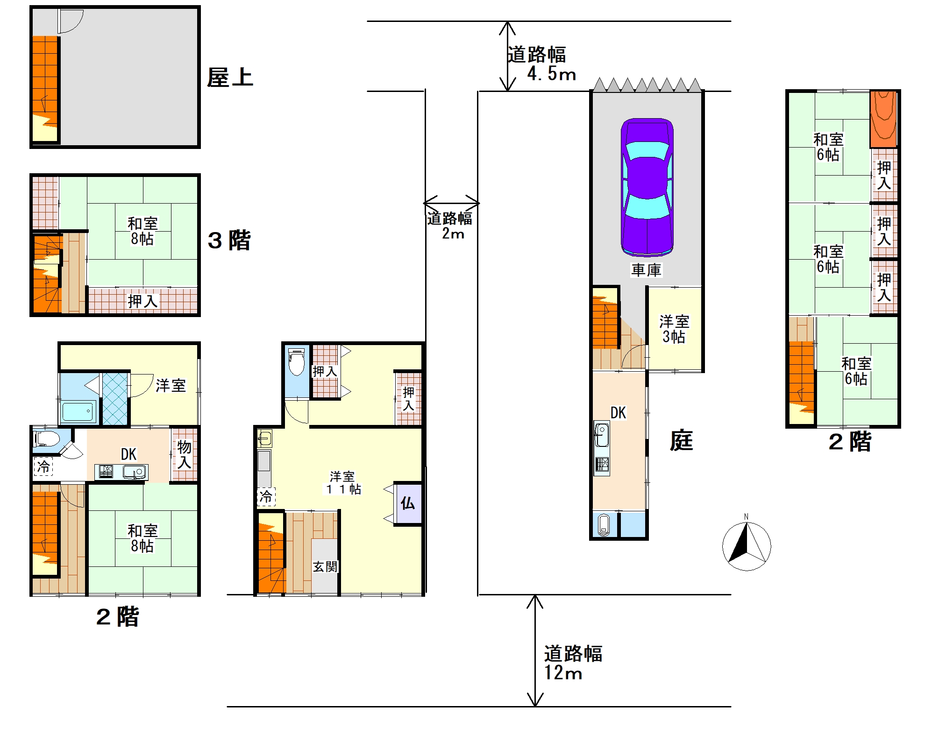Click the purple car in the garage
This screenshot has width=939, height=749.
click(x=647, y=187)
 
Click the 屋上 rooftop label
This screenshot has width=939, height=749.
click(x=230, y=78)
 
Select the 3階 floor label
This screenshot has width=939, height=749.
click(x=229, y=240)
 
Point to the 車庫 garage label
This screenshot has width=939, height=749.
click(x=647, y=269)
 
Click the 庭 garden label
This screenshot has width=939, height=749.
click(x=681, y=440)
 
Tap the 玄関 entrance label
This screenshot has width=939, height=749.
click(x=325, y=566)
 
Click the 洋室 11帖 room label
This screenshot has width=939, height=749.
click(x=343, y=483)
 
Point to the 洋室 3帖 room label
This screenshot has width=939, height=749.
click(x=674, y=329)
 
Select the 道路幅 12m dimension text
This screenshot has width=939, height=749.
click(x=573, y=663)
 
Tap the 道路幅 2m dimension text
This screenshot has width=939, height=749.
click(x=450, y=225)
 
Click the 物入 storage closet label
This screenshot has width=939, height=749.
click(x=184, y=454)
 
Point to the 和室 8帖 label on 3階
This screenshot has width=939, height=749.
click(x=142, y=231)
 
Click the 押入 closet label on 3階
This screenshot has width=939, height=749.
click(x=142, y=301)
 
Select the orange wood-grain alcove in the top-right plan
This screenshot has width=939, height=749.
click(x=883, y=119)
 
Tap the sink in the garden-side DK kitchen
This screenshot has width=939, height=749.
click(x=602, y=434)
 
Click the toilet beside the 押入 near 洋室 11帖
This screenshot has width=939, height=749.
click(x=297, y=362)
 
